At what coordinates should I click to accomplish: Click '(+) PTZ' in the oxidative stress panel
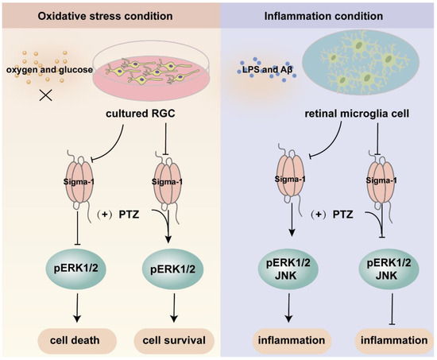pyautogui.click(x=120, y=215)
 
